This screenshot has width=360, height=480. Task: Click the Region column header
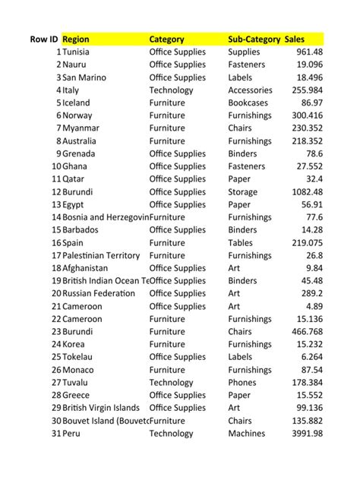(76, 39)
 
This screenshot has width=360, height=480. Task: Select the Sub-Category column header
(253, 39)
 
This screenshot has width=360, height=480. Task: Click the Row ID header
(44, 39)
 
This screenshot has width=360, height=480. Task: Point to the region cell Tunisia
(76, 52)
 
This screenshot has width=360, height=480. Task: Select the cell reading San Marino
(84, 77)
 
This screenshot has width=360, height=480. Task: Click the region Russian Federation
(98, 293)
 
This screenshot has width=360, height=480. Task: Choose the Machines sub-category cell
(247, 433)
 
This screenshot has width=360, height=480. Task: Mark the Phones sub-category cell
(242, 382)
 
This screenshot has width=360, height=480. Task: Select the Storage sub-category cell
(243, 192)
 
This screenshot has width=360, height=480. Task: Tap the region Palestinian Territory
(101, 255)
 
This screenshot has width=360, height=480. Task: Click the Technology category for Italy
(172, 90)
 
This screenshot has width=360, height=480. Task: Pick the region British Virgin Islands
(101, 408)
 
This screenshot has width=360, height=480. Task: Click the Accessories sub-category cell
(251, 90)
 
